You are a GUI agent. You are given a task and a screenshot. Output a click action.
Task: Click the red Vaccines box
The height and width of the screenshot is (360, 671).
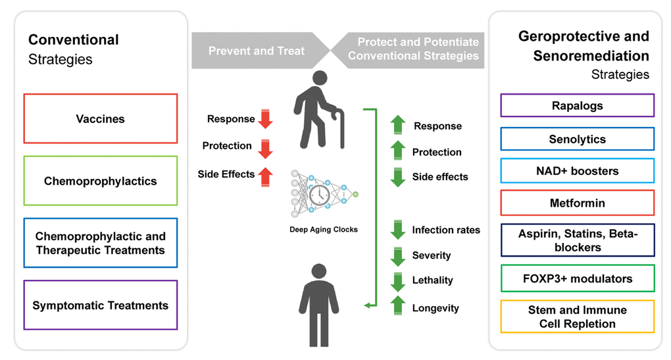(100, 118)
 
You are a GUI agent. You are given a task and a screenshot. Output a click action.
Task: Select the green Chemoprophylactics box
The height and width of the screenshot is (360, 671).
(100, 181)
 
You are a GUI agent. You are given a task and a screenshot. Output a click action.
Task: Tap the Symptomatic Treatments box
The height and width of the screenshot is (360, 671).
(100, 305)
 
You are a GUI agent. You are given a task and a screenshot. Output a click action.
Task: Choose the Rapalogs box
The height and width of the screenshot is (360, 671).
(577, 105)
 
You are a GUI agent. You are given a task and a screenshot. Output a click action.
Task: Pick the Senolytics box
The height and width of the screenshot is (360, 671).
(577, 139)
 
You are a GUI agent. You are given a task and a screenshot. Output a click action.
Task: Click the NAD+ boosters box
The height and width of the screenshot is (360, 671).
(577, 170)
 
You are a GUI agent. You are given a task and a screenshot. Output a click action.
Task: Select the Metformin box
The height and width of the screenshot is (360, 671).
(577, 203)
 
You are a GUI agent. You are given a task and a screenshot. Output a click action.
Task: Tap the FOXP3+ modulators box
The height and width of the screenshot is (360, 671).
(577, 278)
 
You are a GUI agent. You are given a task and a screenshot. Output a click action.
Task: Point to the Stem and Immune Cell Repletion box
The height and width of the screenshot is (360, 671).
(577, 317)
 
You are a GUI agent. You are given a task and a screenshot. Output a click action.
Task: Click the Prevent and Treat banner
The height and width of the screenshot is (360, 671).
(257, 51)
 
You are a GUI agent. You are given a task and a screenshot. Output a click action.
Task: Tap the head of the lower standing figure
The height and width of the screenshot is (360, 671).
(319, 271)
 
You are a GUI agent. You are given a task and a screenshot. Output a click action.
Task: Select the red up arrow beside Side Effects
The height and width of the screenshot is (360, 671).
(265, 175)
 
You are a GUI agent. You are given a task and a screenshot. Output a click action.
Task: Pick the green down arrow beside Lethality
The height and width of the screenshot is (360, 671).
(397, 280)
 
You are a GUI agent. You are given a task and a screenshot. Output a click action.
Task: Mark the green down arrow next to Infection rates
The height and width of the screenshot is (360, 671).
(397, 230)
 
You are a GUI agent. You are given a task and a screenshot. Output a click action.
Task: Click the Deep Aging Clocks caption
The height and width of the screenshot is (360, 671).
(323, 230)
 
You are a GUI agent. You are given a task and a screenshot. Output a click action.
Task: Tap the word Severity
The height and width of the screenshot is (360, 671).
(432, 255)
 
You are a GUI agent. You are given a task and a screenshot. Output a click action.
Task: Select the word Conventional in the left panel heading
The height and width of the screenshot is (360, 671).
(74, 40)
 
